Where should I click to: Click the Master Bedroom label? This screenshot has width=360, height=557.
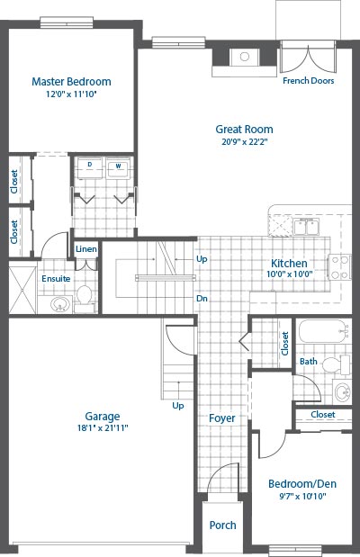[x=71, y=81]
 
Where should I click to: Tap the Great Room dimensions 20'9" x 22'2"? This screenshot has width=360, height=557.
[x=245, y=142]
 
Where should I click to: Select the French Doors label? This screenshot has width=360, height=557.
[x=309, y=81]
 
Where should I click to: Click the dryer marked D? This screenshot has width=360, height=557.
[x=90, y=167]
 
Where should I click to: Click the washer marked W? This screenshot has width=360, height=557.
[x=118, y=167]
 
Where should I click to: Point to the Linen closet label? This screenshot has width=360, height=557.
[x=86, y=249]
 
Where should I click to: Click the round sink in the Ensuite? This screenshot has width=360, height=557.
[x=60, y=304]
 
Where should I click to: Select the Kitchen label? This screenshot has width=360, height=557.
[x=289, y=264]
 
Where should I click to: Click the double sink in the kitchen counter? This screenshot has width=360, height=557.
[x=306, y=227]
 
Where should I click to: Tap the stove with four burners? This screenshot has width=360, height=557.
[x=339, y=267]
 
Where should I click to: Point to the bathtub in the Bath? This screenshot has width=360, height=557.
[x=322, y=331]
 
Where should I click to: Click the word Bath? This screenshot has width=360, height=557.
[x=309, y=361]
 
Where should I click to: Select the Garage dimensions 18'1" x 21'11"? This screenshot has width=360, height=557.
[x=103, y=427]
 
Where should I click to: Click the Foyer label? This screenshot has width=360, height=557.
[x=222, y=418]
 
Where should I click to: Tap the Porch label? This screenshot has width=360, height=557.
[x=223, y=525]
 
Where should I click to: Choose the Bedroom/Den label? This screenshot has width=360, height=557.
[x=302, y=484]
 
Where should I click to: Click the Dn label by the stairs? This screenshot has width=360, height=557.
[x=202, y=299]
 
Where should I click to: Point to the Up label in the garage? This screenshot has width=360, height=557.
[x=178, y=406]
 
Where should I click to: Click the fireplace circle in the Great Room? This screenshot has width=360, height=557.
[x=245, y=56]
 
